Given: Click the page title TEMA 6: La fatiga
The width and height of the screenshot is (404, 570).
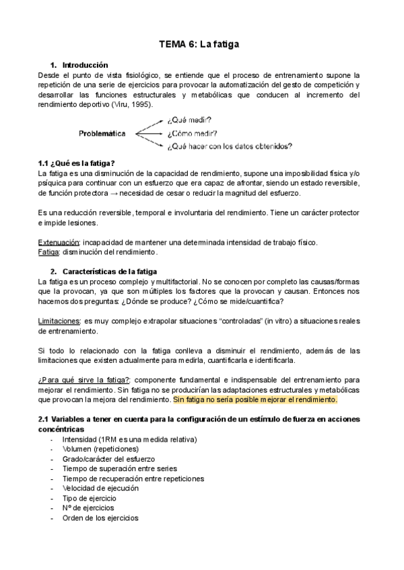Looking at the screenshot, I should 199,44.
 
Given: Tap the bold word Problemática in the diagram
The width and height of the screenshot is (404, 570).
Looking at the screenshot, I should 102,133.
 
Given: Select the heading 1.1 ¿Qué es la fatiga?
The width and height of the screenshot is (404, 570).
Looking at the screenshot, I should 77,163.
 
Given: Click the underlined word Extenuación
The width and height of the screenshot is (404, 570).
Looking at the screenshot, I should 59,242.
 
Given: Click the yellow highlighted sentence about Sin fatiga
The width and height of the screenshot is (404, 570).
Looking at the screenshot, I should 255,400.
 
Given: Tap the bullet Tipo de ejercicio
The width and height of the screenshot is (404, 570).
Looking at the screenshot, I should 89,498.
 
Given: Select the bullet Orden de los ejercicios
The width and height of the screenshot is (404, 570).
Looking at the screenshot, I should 100,518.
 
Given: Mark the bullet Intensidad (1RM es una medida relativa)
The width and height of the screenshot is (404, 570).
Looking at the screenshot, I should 129,439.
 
